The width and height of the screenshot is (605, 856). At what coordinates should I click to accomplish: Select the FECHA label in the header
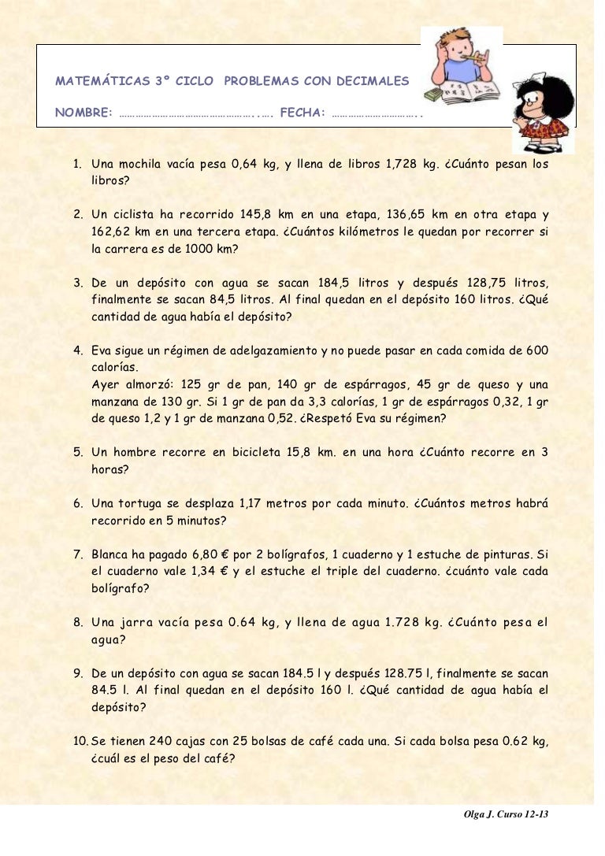[302, 113]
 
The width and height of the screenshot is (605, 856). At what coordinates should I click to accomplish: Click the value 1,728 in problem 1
[402, 165]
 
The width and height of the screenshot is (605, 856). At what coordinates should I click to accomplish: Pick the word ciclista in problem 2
[132, 214]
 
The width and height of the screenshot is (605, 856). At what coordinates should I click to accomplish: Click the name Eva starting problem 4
[102, 350]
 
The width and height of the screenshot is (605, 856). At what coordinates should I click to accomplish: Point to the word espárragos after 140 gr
[370, 385]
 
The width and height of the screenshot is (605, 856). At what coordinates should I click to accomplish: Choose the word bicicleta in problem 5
[262, 453]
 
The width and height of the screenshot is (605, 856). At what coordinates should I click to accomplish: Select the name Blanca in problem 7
[109, 554]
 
